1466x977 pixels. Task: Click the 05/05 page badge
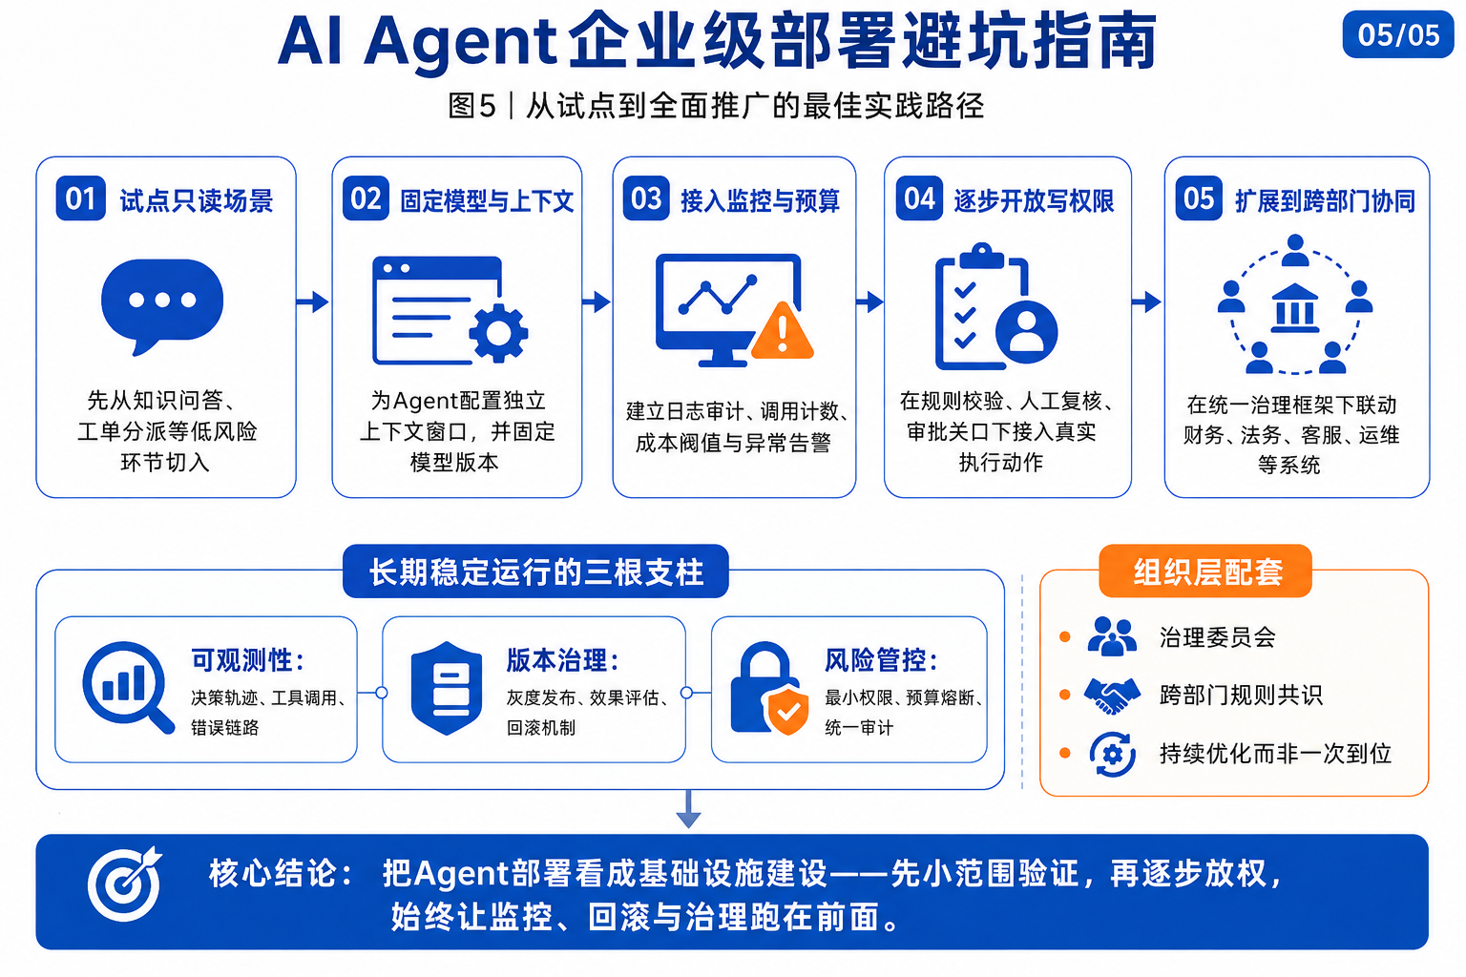click(1397, 34)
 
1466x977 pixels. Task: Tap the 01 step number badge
click(80, 198)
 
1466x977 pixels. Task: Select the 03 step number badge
click(646, 198)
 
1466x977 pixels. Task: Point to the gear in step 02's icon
click(499, 333)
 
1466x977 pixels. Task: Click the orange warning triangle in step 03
click(783, 331)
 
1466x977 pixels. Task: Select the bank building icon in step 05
click(1294, 308)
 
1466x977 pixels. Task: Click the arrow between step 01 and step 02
click(313, 301)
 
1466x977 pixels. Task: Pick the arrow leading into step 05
click(1146, 301)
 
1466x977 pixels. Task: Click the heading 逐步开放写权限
click(1034, 201)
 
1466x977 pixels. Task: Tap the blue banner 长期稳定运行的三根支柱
click(535, 572)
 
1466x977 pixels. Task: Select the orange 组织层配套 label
click(1205, 572)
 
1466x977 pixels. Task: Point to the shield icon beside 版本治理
click(447, 689)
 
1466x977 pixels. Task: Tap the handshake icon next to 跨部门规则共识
click(1112, 695)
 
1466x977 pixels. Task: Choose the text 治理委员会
click(1218, 637)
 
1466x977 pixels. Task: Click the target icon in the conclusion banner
click(125, 883)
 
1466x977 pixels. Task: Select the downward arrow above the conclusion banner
click(688, 809)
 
